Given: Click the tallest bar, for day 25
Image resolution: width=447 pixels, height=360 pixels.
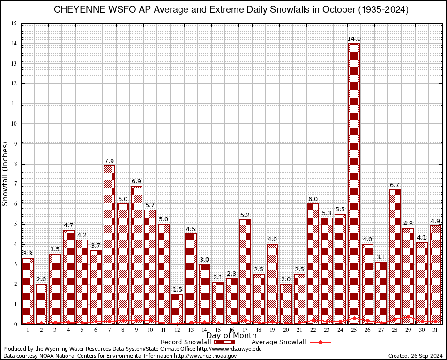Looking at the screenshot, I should pos(354,183).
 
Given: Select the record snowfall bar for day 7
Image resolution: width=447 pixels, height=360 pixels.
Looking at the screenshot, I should pos(109,244).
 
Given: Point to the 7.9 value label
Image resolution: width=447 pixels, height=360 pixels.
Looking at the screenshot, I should pos(109,161).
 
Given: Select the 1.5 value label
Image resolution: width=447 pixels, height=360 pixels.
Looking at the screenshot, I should pos(177,290).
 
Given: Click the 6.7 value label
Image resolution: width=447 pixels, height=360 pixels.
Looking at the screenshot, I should pos(395,185).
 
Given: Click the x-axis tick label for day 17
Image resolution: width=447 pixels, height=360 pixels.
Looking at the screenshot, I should pos(245,330).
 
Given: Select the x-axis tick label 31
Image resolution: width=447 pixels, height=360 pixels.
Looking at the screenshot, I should pos(435,330).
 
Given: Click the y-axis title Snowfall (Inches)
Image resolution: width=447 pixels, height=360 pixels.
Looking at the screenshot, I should pos(6,173).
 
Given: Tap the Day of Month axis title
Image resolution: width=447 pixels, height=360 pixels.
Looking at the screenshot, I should pos(231,336).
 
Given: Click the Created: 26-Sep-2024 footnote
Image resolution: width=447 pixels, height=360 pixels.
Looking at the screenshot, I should pos(415,356).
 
